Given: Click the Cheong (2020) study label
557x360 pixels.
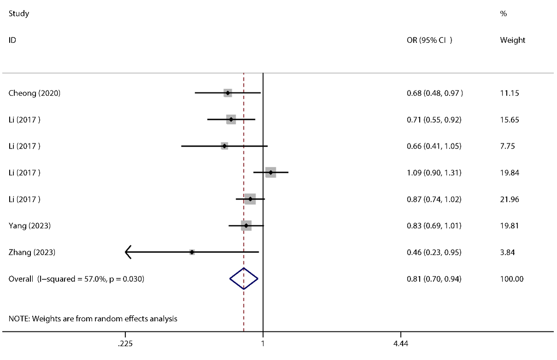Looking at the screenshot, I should pos(35,93).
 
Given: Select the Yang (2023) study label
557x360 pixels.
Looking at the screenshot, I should pos(30,226).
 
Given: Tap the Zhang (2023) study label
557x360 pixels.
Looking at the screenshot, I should pos(32,252).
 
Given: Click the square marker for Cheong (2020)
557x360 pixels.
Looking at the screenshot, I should pos(228,93).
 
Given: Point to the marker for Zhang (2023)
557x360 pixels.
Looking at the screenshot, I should pos(192,252).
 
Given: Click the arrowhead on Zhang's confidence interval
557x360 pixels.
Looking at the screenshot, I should pos(128,252).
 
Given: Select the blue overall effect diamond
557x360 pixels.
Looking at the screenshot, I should pos(244,278).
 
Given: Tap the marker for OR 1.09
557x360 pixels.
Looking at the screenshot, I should pos(271,172).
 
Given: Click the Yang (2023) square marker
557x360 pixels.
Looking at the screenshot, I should pos(246,226).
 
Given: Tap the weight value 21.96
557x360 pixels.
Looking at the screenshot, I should pos(510,199).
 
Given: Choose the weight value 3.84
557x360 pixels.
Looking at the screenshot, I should pos(508,252).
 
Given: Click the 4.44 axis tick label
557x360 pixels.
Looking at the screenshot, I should pos(400,344).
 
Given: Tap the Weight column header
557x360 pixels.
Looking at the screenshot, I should pos(512,40).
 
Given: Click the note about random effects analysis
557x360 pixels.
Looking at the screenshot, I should pos(93,318).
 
